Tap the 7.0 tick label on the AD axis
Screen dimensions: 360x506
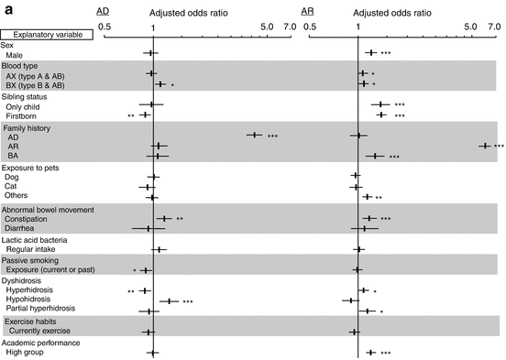[x=290, y=27]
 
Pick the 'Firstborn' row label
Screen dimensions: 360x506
[x=23, y=116]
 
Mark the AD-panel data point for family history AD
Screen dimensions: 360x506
[x=254, y=136]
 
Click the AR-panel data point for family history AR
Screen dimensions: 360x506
[x=483, y=146]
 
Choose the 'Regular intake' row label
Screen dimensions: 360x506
[x=32, y=249]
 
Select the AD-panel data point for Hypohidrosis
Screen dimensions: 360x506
[x=170, y=300]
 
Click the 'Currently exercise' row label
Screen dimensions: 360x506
[x=41, y=332]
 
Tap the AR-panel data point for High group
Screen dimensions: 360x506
[x=370, y=353]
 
